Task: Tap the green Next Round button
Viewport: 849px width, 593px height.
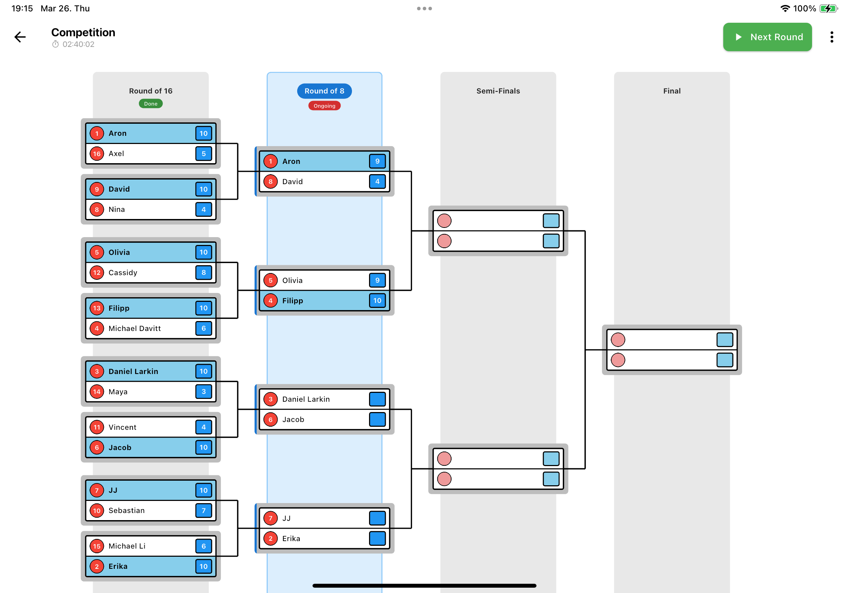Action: [767, 37]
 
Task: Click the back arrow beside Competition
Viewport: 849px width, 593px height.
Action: [20, 37]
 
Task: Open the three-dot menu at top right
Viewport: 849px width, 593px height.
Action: [831, 37]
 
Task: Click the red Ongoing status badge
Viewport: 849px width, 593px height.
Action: [324, 106]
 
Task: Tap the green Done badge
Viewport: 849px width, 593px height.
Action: [150, 103]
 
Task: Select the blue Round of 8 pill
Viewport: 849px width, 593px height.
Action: [324, 91]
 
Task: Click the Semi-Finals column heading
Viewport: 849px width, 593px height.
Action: [498, 91]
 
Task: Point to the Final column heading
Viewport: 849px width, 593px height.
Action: [672, 91]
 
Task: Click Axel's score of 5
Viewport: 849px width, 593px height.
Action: [203, 154]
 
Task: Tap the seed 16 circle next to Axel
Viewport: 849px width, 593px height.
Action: [97, 154]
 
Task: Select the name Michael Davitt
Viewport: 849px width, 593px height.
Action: [135, 328]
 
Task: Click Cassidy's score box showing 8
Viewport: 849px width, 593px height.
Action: [203, 272]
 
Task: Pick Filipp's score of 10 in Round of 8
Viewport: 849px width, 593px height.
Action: [377, 300]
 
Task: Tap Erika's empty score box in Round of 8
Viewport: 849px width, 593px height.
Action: [377, 538]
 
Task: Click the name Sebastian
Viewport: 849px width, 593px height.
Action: [127, 510]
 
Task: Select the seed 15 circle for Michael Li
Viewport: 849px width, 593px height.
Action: [97, 546]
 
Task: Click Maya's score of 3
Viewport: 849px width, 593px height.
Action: [203, 391]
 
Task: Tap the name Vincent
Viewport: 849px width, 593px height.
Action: [122, 427]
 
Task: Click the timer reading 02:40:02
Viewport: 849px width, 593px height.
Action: [78, 44]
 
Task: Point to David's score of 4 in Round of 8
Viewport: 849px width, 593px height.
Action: [377, 182]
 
